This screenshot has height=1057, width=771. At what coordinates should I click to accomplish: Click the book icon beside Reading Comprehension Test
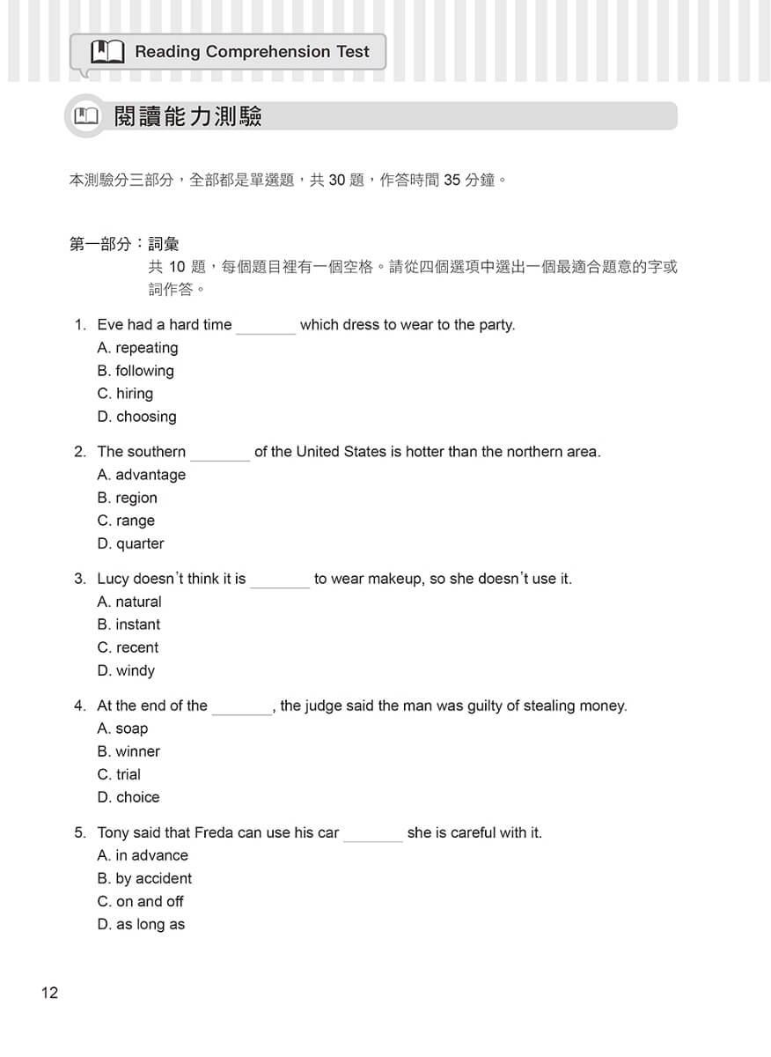[107, 52]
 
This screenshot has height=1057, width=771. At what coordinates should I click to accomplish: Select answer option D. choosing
[136, 417]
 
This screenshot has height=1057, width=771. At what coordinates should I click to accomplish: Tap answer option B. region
[127, 498]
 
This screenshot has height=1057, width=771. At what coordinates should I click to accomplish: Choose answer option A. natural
[129, 602]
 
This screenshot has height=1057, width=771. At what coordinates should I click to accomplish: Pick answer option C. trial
[119, 774]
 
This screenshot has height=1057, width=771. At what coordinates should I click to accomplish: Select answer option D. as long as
[141, 924]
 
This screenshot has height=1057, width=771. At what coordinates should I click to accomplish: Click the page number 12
[49, 993]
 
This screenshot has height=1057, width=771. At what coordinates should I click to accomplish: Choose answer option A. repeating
[137, 348]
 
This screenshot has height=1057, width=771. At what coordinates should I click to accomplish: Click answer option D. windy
[126, 670]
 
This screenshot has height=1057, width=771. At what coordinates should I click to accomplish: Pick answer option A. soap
[122, 728]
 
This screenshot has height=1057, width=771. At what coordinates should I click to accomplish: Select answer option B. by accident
[144, 878]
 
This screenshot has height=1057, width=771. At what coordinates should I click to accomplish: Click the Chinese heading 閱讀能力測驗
[188, 116]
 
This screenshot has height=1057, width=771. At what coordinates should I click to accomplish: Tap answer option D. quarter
[130, 543]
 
